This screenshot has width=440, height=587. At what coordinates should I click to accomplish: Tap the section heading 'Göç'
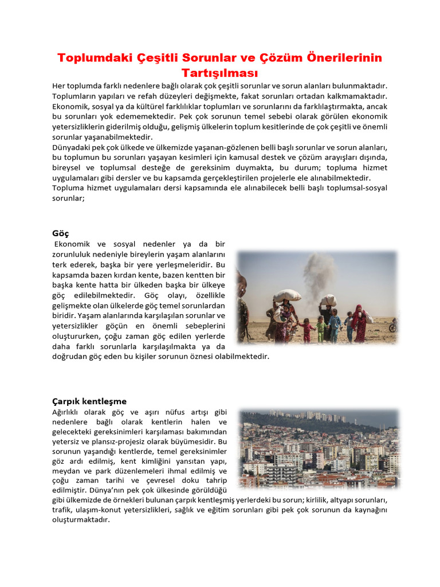pos(60,233)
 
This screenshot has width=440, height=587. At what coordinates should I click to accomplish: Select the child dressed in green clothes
pos(321,329)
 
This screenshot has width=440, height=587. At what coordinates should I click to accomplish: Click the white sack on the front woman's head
pos(287,296)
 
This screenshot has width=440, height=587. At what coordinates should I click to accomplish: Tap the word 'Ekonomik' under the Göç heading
pos(73,245)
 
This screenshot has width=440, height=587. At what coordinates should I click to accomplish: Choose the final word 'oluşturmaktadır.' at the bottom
pos(81,520)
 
